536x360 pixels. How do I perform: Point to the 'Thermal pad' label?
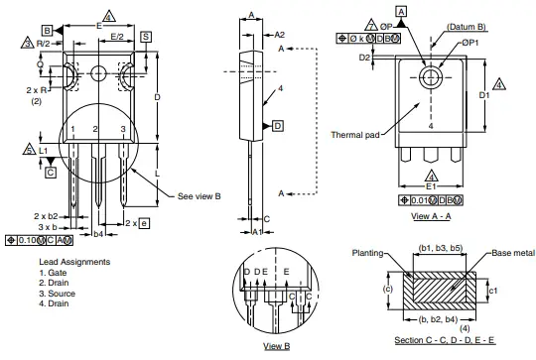coord(358,132)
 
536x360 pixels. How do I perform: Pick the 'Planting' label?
coord(365,253)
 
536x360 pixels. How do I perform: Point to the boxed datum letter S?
coord(147,37)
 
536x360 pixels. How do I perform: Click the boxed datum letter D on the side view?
coord(278,125)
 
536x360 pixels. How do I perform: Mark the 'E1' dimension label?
coord(431,185)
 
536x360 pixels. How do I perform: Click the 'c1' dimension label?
coord(503,290)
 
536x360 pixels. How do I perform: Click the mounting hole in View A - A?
coord(430,78)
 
